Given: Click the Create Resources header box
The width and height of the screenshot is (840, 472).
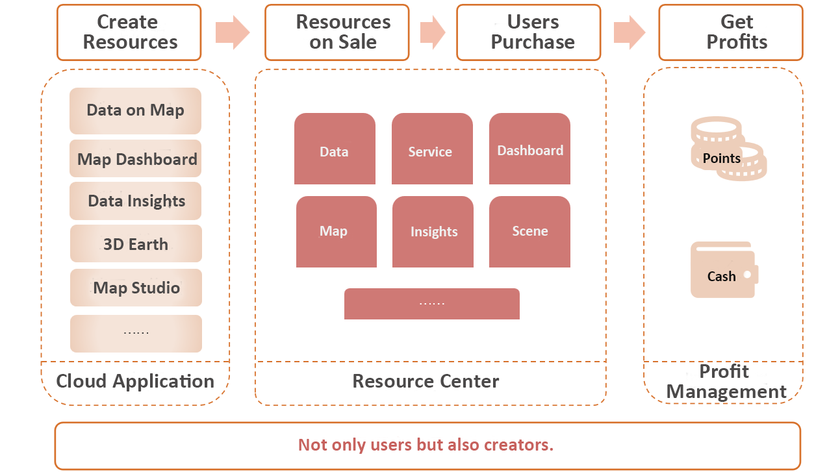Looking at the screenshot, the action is pos(129,32).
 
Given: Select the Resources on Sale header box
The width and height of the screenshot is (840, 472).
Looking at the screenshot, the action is pos(337,32).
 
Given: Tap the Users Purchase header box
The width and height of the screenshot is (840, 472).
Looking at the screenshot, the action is pos(529,32).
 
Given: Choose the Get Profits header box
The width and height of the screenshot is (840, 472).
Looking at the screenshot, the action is pos(731,32).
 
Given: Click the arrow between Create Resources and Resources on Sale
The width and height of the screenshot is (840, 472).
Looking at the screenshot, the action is pos(233,32).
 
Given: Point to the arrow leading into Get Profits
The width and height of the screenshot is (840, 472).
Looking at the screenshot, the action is pos(630,32).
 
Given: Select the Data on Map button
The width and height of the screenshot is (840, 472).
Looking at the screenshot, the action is pos(135,111).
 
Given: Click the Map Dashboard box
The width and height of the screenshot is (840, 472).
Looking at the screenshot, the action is pos(135,158).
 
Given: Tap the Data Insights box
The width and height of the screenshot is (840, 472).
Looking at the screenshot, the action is pos(135,201).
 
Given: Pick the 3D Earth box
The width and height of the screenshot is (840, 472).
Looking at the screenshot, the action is pos(136,243).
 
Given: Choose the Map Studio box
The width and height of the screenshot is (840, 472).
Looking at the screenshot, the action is pos(136,288).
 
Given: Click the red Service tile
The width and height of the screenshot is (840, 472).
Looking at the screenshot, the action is pos(432,149).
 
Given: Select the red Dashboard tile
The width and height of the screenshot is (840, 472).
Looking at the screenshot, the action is pos(529,149).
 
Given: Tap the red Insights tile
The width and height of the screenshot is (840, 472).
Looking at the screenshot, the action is pos(433,232).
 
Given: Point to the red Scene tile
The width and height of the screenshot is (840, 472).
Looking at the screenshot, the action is pos(529,232).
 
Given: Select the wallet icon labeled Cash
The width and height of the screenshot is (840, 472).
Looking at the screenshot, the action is pos(724,270).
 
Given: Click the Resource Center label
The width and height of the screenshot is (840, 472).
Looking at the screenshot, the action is pos(426,381).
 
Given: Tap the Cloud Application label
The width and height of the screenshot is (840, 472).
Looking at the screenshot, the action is pos(135,382).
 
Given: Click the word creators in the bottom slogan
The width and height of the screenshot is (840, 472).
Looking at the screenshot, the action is pos(518,445).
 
